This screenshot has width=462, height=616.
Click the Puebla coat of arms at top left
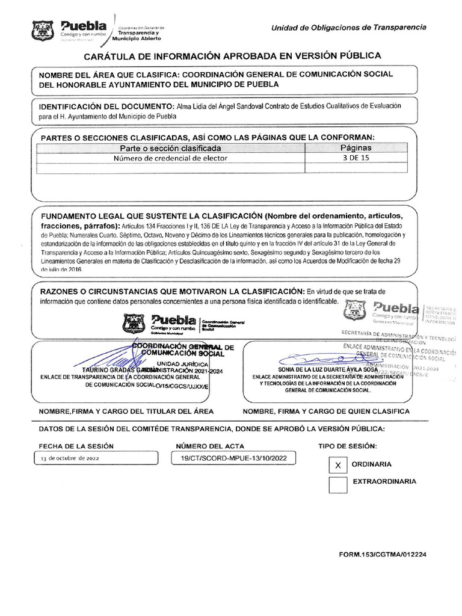pyautogui.click(x=43, y=31)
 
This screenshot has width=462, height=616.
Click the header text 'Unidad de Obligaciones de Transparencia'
pyautogui.click(x=349, y=28)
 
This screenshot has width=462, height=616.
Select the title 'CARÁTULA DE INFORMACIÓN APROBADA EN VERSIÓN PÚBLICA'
pyautogui.click(x=232, y=55)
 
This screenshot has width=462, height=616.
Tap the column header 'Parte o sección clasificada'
pyautogui.click(x=170, y=148)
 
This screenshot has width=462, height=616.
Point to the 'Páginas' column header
pyautogui.click(x=356, y=148)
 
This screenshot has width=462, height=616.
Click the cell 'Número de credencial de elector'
pyautogui.click(x=171, y=159)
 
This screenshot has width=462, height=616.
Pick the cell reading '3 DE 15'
pyautogui.click(x=356, y=159)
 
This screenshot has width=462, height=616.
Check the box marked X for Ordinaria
pyautogui.click(x=338, y=465)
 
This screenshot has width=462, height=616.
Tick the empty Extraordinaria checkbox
pyautogui.click(x=338, y=484)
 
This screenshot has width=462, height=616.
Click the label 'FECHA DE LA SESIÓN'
pyautogui.click(x=76, y=446)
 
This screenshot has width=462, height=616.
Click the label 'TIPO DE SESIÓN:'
pyautogui.click(x=348, y=446)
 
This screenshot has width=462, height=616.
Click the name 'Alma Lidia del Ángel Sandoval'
pyautogui.click(x=221, y=105)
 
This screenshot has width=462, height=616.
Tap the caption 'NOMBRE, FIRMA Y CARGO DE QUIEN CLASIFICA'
pyautogui.click(x=326, y=411)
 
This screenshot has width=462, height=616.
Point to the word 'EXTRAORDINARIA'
pyautogui.click(x=384, y=481)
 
